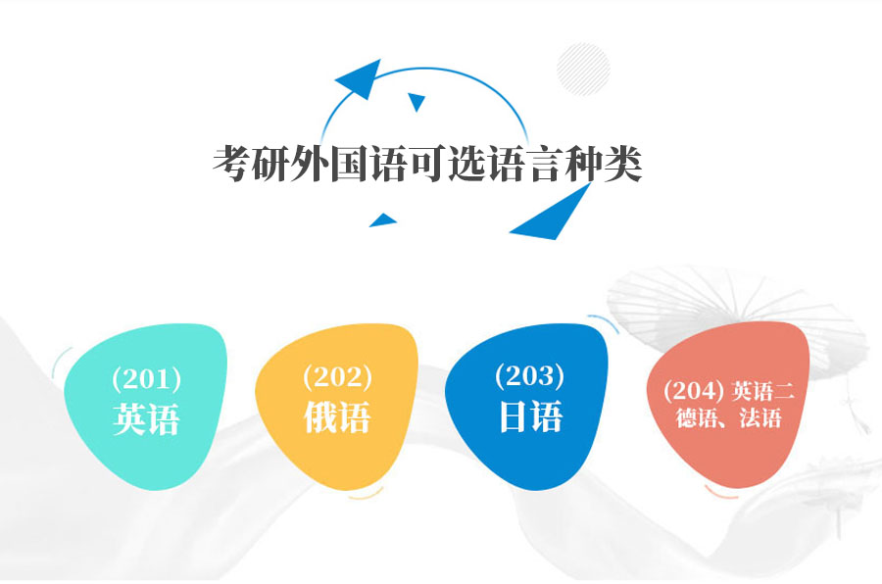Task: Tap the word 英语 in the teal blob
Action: click(x=146, y=419)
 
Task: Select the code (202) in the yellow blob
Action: click(x=337, y=376)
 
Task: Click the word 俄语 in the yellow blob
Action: click(x=337, y=416)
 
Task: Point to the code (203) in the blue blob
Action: click(x=530, y=375)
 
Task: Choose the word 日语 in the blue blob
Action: click(x=530, y=416)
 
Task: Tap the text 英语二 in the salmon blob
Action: click(x=763, y=391)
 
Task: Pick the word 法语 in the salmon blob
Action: click(x=760, y=418)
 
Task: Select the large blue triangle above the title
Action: click(x=362, y=78)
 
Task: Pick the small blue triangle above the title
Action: click(x=416, y=101)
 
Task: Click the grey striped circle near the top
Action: click(x=583, y=69)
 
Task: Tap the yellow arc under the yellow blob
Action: click(x=366, y=496)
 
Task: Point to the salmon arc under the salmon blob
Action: click(x=721, y=494)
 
